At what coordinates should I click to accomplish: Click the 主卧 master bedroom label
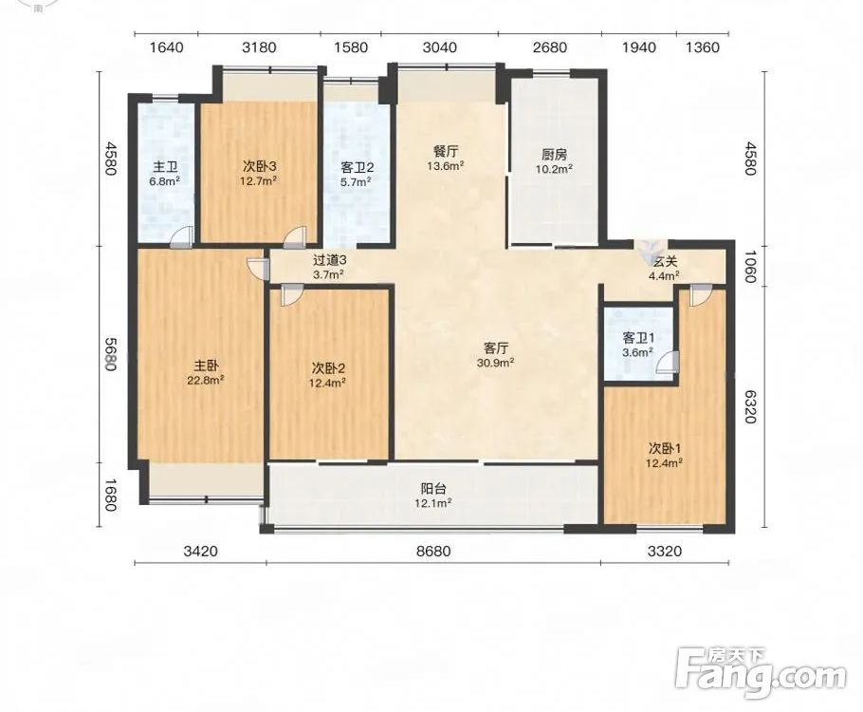click(x=207, y=365)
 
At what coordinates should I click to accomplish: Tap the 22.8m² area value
click(x=207, y=380)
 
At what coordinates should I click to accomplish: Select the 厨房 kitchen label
click(x=554, y=155)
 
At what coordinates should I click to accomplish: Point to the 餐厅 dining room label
click(x=446, y=151)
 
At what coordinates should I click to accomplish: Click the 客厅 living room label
click(x=495, y=348)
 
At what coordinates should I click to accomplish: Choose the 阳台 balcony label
click(x=433, y=488)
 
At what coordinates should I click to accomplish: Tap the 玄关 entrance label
click(x=663, y=262)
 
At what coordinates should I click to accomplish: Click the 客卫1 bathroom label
click(x=638, y=338)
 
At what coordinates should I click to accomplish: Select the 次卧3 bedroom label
click(x=259, y=166)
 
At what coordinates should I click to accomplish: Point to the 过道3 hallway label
click(x=330, y=259)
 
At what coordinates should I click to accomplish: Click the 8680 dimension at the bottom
click(x=433, y=551)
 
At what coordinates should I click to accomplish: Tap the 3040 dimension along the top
click(x=439, y=47)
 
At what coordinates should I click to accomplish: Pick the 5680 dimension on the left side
click(x=111, y=354)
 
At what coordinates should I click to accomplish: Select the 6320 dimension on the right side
click(x=749, y=406)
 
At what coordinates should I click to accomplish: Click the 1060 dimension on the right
click(x=749, y=266)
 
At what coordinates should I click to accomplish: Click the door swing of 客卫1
click(x=668, y=363)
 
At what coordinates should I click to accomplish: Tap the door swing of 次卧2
click(x=289, y=294)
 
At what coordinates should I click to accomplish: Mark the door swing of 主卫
click(x=181, y=236)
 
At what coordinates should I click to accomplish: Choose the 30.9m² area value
click(x=496, y=363)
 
